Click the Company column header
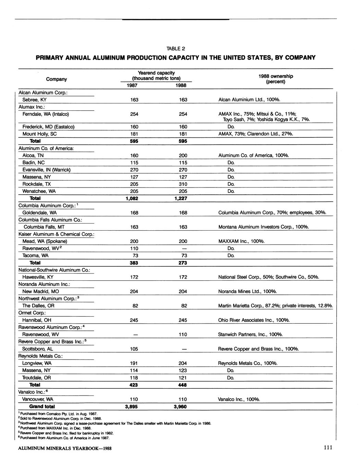point(56,79)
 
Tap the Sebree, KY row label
point(34,100)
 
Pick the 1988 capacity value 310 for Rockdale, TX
point(183,184)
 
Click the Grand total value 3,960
point(180,407)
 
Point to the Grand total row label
point(42,407)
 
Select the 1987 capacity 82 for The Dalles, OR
point(134,306)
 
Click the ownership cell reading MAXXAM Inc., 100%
point(241,241)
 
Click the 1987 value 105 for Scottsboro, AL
point(134,349)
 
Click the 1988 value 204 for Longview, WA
point(183,363)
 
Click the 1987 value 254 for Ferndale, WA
point(134,114)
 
